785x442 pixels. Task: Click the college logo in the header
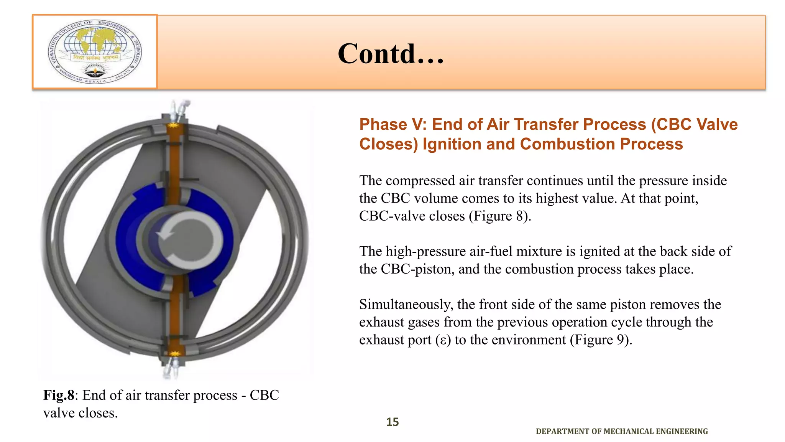(x=95, y=51)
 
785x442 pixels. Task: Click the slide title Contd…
(x=391, y=54)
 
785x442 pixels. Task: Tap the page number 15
(x=392, y=422)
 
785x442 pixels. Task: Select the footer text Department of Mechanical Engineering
(x=621, y=431)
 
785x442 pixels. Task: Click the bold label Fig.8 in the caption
(x=58, y=395)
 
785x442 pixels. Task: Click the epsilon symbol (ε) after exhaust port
(x=443, y=340)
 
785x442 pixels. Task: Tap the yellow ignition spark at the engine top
(x=174, y=125)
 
